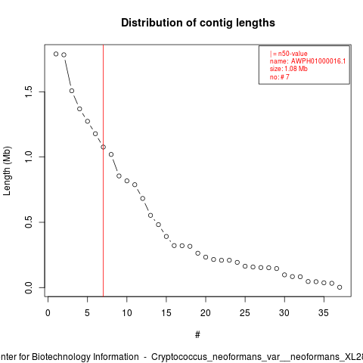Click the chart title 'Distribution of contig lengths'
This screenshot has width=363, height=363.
coord(198,23)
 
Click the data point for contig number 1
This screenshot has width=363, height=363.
coord(56,54)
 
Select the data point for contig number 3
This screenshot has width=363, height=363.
coord(72,91)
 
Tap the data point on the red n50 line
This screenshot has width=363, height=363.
coord(104,147)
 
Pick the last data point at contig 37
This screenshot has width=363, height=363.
coord(340,287)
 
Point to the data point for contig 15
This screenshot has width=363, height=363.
coord(166,237)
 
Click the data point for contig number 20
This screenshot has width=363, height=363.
coord(206,257)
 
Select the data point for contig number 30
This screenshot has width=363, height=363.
coord(284,275)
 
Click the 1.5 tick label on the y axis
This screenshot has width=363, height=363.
coord(29,92)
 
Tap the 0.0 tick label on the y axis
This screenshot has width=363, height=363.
coord(29,287)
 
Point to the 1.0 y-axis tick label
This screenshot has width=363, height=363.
coord(29,157)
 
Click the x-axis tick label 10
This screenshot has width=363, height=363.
coord(127,313)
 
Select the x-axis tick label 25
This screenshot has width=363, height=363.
coord(245,313)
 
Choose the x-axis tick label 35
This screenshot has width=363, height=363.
coord(324,313)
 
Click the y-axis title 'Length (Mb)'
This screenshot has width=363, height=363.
coord(7,171)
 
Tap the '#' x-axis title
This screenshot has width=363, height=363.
coord(197,335)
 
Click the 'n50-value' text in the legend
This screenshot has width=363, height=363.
coord(293,54)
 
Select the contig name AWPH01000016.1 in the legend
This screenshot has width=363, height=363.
coord(318,61)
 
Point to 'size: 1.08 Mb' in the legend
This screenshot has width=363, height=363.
coord(289,69)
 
